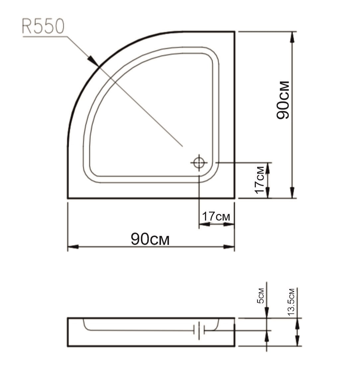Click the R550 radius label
43,27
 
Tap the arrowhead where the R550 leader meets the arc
94,61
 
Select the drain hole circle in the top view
199,163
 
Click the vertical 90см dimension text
283,100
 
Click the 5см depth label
261,295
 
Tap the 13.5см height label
291,302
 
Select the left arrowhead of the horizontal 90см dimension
73,247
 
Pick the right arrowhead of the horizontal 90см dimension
229,247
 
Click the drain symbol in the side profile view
199,330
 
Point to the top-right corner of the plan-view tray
235,32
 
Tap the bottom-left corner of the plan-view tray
68,198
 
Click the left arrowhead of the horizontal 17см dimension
204,225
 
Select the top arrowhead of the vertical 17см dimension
268,168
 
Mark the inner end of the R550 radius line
182,146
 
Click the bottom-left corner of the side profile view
68,346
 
